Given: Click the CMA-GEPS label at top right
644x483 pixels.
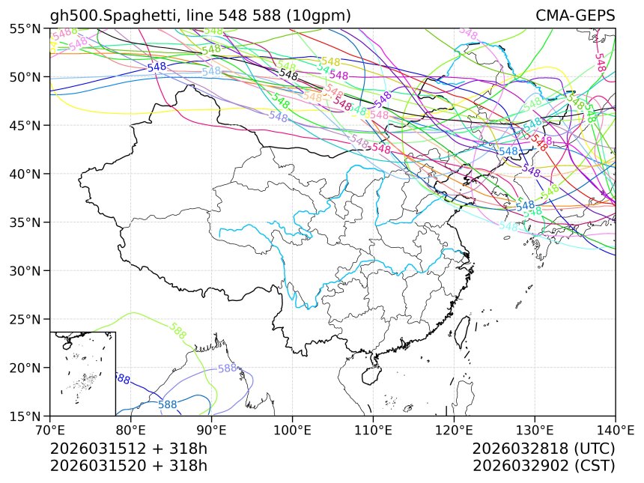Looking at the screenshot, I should [x=575, y=16].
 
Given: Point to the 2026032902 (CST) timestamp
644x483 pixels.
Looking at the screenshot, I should [x=544, y=465].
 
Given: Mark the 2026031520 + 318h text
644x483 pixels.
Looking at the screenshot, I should [x=128, y=465].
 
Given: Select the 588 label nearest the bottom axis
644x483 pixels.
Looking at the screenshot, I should [x=167, y=405].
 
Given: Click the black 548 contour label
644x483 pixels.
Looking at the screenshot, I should [x=289, y=74].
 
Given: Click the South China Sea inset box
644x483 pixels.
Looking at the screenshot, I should [x=82, y=373].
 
